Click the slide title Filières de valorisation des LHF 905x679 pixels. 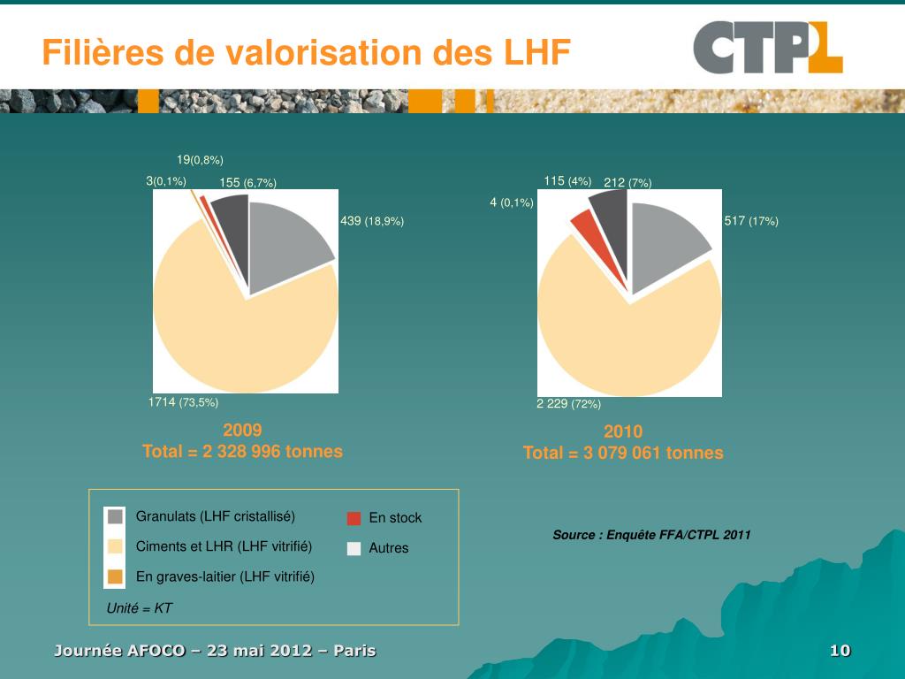(306, 53)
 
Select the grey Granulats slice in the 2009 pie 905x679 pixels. (287, 243)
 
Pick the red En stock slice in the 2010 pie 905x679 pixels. (582, 227)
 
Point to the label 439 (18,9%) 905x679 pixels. (372, 221)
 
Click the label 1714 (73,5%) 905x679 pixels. (183, 402)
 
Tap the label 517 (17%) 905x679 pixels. (751, 221)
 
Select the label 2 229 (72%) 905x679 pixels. (568, 404)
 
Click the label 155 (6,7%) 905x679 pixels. (247, 183)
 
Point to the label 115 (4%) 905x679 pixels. (567, 181)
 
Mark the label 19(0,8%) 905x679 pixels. (200, 160)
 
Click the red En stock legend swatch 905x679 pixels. (354, 519)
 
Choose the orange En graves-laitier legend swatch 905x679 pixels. (115, 577)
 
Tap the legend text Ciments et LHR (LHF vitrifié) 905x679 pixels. (224, 546)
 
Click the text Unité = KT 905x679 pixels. (139, 608)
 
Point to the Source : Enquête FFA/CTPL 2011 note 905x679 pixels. (651, 535)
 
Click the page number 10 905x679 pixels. (840, 652)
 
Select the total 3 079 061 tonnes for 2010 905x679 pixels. (623, 453)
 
